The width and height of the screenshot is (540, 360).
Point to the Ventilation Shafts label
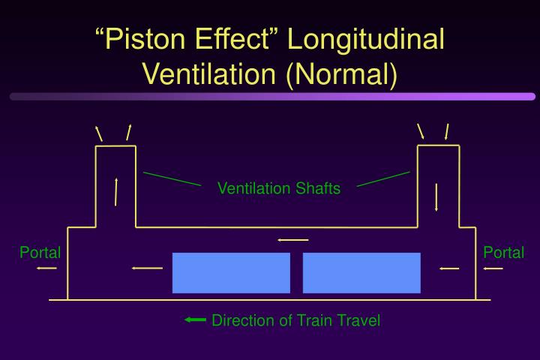278,188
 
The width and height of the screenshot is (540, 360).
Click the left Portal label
40,253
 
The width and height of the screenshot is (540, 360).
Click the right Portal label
503,253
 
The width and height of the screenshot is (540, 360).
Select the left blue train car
231,272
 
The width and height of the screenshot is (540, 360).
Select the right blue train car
361,272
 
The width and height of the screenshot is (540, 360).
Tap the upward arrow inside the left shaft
116,191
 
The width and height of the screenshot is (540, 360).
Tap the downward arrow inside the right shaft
436,196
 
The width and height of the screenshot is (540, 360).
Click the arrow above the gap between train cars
292,240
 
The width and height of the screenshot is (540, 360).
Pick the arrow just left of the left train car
146,268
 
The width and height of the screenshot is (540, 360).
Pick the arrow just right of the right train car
449,268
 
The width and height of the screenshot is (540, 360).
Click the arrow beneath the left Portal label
46,268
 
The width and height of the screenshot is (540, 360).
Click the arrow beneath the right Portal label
493,268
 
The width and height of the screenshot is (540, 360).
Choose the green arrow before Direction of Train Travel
195,320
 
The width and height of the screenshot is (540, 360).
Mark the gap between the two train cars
296,272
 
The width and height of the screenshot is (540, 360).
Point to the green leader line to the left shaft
172,178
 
